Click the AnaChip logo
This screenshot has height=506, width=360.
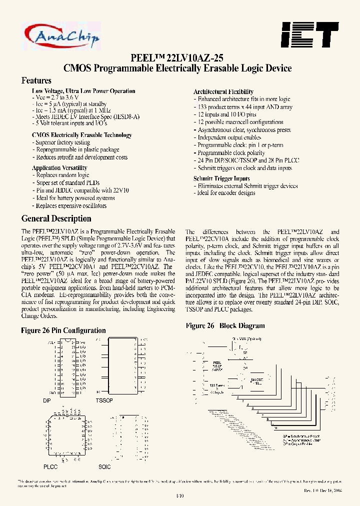tap(61, 35)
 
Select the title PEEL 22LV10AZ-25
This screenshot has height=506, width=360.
tap(180, 57)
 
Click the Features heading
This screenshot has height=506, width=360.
tap(36, 80)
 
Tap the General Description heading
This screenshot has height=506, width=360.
tap(56, 218)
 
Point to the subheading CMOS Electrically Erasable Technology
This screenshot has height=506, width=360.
tap(82, 135)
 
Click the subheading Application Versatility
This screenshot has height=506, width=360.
tap(59, 168)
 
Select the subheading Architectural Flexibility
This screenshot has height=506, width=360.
tap(223, 92)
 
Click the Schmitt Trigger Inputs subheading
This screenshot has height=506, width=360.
tap(221, 178)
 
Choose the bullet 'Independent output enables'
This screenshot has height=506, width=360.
tap(228, 137)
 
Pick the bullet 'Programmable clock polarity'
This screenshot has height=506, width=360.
tap(231, 153)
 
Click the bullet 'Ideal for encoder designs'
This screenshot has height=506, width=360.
tap(226, 193)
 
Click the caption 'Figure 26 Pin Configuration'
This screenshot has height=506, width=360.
tap(63, 330)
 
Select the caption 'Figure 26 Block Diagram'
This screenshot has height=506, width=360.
tap(225, 326)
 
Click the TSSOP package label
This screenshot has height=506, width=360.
tap(104, 401)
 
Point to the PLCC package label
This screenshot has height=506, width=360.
tap(50, 466)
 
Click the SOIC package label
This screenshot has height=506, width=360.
tap(104, 466)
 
